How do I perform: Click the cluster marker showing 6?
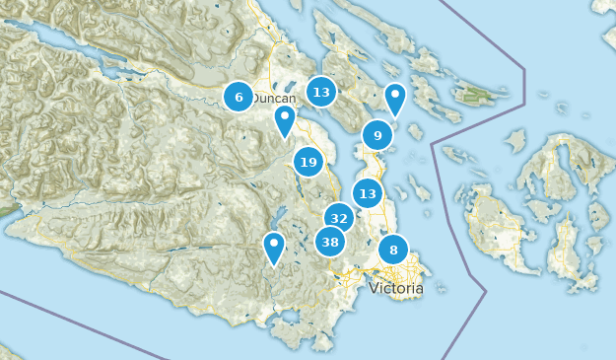click(x=238, y=97)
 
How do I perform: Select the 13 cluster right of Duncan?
click(x=320, y=93)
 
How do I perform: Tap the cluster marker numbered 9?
click(x=377, y=135)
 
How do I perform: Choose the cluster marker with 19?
click(x=308, y=162)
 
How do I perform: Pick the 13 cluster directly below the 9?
click(x=368, y=193)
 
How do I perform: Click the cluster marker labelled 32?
click(x=339, y=218)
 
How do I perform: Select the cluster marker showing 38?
click(x=330, y=242)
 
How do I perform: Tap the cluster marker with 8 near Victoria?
click(x=393, y=250)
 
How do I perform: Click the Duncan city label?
click(x=273, y=99)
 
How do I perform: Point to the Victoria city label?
click(x=396, y=289)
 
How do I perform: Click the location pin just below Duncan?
click(x=285, y=120)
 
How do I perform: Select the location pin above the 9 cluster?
click(x=395, y=98)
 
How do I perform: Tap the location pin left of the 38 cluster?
click(x=274, y=246)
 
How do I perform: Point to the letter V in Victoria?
click(x=375, y=289)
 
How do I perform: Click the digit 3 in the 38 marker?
click(x=325, y=242)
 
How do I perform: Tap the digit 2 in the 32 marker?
click(x=344, y=218)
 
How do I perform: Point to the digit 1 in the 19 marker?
click(x=304, y=162)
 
